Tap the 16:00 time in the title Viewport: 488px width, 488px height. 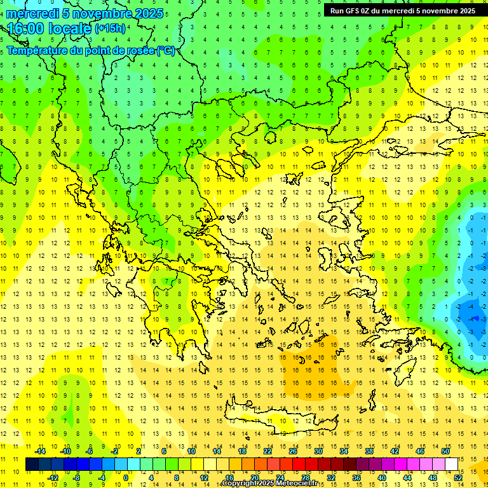point(25,29)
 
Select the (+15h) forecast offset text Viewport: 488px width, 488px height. point(110,29)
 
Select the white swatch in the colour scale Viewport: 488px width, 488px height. point(451,464)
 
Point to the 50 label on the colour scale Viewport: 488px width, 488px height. point(445,451)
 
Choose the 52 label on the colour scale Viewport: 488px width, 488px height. point(457,478)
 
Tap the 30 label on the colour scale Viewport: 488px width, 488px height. point(318,451)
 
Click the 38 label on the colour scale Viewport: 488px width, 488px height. point(369,451)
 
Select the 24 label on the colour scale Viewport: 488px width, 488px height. point(280,478)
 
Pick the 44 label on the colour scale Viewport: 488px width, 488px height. point(407,478)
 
